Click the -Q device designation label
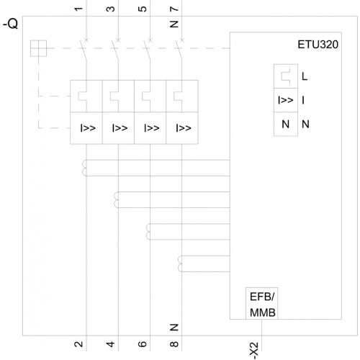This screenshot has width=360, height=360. (11, 24)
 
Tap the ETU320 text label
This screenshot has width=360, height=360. (318, 45)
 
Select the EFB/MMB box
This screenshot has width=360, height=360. (262, 303)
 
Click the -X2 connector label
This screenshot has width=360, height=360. (254, 351)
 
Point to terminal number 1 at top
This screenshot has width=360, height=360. (78, 9)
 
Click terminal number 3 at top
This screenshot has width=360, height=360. (110, 9)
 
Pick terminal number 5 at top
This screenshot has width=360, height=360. (143, 9)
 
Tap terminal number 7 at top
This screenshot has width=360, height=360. (174, 9)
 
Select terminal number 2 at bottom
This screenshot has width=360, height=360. (78, 344)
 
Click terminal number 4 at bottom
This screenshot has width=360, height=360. (110, 344)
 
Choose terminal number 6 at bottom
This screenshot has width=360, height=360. (143, 344)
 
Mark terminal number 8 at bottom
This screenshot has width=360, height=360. (174, 344)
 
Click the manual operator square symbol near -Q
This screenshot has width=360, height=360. (38, 48)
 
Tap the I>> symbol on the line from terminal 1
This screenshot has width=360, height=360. (88, 128)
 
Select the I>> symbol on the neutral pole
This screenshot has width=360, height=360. (184, 128)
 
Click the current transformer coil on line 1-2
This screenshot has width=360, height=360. (84, 168)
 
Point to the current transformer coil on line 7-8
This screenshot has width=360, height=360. (180, 264)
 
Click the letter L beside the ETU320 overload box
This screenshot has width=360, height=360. (305, 76)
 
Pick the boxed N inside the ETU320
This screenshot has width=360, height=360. (286, 124)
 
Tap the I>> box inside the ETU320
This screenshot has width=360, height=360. (286, 100)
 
